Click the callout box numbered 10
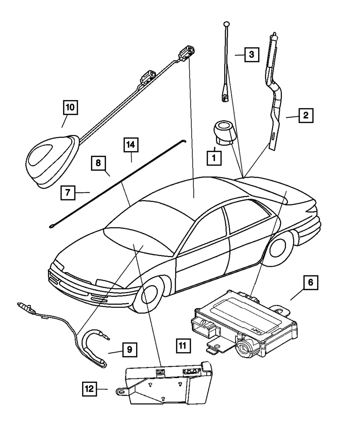pyautogui.click(x=70, y=107)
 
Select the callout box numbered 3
pyautogui.click(x=252, y=55)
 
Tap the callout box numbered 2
pyautogui.click(x=305, y=116)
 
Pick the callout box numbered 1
pyautogui.click(x=213, y=158)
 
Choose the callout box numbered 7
pyautogui.click(x=68, y=192)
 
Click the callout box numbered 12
pyautogui.click(x=89, y=389)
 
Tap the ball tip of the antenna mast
pyautogui.click(x=226, y=24)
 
